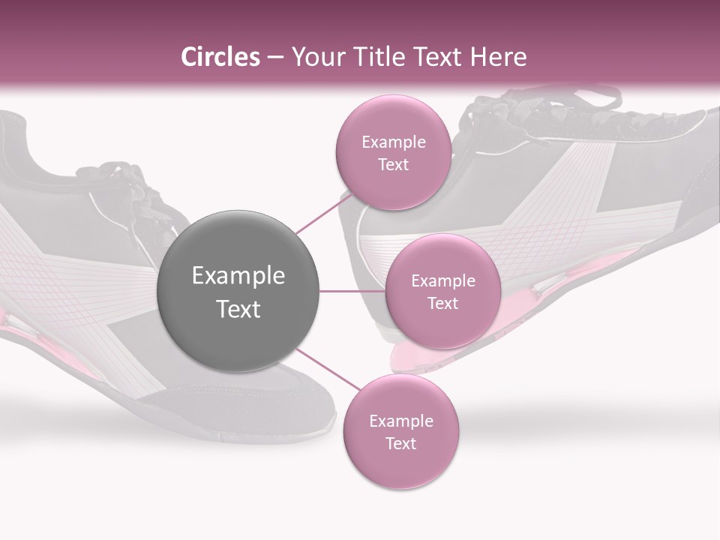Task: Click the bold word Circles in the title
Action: pos(220,57)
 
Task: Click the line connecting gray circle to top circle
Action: pos(324,213)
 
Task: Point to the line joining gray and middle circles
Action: pos(352,291)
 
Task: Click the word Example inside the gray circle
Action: pos(238,276)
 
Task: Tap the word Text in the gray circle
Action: pos(238,309)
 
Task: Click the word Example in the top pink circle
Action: pos(393,142)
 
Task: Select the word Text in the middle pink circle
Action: pos(442,303)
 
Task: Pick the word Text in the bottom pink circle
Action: pos(400,443)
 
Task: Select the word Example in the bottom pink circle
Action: pos(400,421)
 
